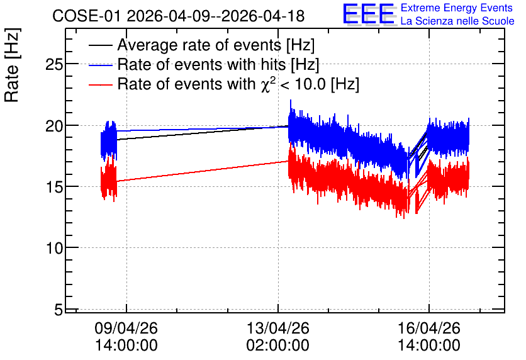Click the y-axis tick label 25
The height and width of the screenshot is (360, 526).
(54, 64)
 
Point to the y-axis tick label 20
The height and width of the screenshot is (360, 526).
(54, 126)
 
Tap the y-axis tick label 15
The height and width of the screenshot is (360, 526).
(54, 187)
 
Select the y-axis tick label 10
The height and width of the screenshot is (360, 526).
(54, 249)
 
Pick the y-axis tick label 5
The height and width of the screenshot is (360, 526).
(59, 310)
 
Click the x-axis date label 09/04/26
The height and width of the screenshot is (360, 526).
(126, 328)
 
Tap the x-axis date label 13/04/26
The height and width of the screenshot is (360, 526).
(277, 328)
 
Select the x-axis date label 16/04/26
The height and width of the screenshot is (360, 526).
(429, 328)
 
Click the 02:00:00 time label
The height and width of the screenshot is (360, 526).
(277, 346)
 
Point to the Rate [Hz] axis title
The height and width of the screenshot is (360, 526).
(12, 65)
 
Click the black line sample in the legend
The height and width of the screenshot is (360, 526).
(100, 45)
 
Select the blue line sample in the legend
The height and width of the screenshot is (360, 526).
(100, 65)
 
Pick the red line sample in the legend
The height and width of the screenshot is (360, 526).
(100, 85)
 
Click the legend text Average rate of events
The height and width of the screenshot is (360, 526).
(199, 45)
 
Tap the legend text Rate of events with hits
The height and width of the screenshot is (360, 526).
(201, 64)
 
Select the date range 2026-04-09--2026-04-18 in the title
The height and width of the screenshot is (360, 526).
(216, 16)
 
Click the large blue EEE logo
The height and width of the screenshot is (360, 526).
(368, 14)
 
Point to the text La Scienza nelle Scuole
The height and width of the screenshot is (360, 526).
(457, 21)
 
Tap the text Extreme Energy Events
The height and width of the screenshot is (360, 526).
(457, 8)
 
